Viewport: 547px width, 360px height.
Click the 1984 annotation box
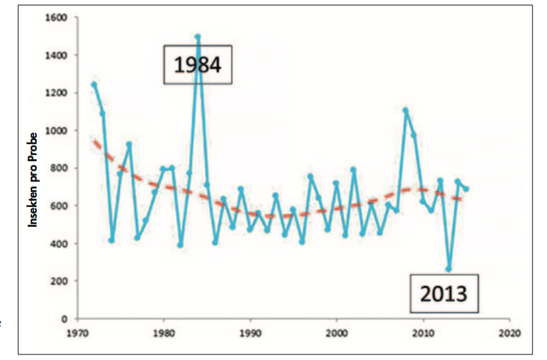(198, 66)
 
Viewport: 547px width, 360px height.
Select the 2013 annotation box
(444, 294)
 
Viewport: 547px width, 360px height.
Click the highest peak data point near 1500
(197, 36)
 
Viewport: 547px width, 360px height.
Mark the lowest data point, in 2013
(449, 269)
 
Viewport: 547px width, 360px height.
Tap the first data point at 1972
(94, 85)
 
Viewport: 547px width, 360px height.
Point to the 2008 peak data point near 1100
(406, 110)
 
